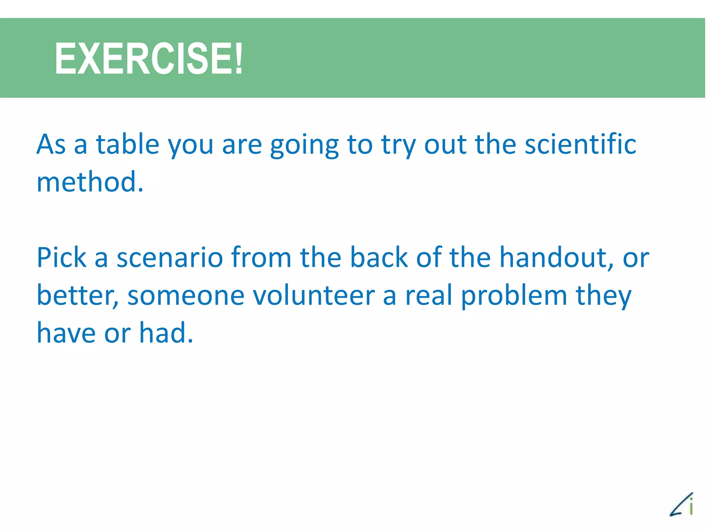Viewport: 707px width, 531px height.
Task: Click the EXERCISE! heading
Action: click(148, 58)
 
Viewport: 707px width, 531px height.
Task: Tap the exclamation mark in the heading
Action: click(238, 58)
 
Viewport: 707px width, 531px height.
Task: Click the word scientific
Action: click(580, 144)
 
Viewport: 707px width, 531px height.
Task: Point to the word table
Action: click(127, 144)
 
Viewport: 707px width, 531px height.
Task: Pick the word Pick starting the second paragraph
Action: click(61, 257)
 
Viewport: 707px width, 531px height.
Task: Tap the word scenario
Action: click(170, 258)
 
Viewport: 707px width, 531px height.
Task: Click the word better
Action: click(77, 296)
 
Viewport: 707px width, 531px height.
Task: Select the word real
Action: click(428, 296)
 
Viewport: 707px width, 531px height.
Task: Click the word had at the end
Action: click(166, 333)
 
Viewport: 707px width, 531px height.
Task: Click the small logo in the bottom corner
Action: click(681, 505)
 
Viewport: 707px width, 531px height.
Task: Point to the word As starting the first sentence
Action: click(51, 144)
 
